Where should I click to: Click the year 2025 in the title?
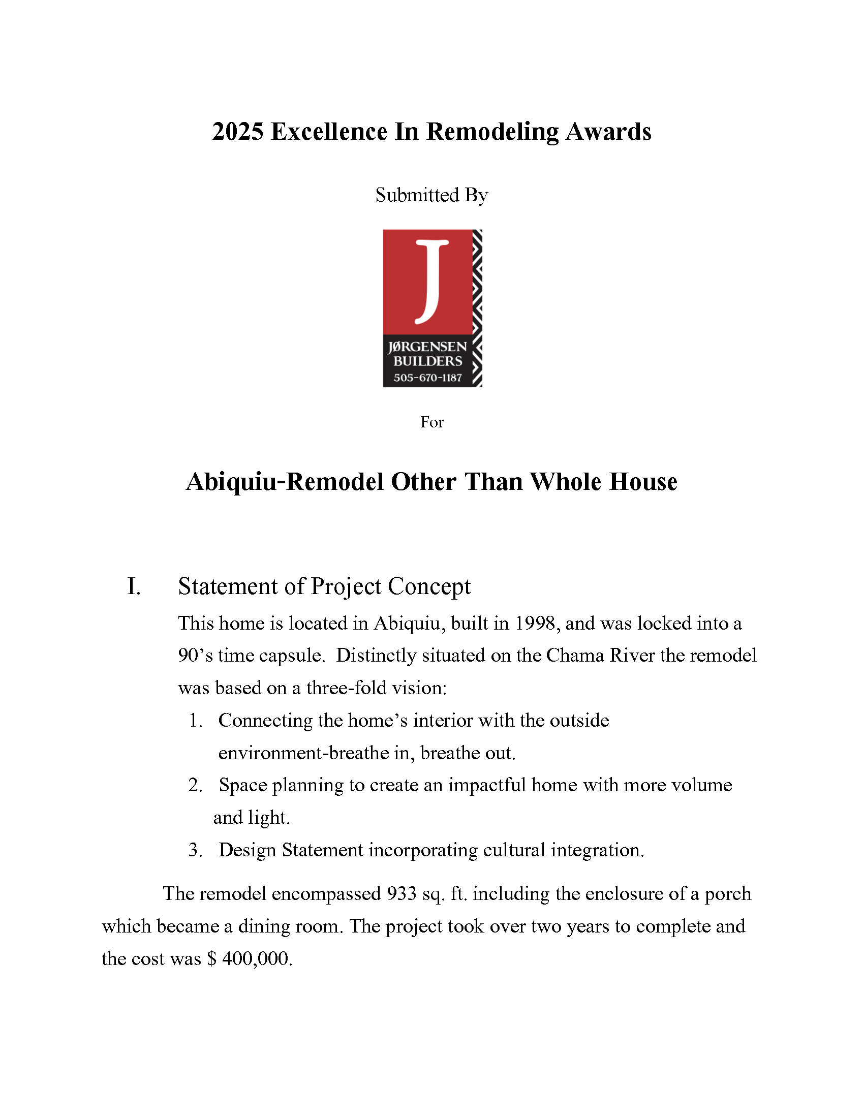(237, 132)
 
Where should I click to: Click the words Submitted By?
(431, 195)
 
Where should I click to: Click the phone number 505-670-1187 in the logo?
(427, 378)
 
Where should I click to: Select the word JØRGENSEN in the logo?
(427, 347)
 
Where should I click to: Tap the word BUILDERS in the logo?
(427, 361)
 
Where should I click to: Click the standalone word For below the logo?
(431, 422)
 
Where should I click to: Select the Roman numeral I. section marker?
(134, 586)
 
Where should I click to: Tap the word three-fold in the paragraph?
(338, 688)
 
